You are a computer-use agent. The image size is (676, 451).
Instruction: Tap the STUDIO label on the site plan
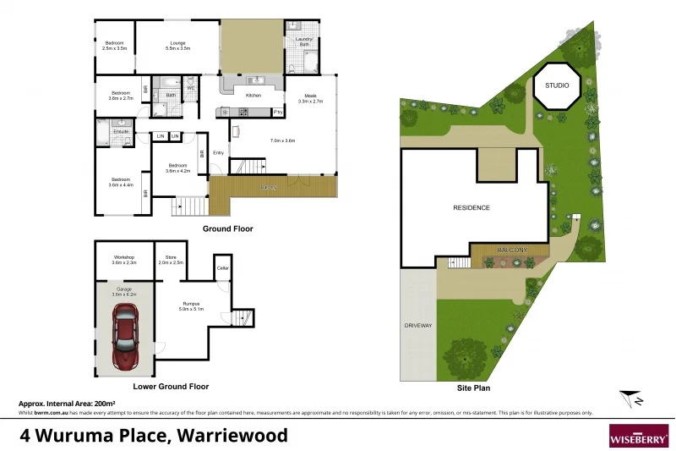point(557,85)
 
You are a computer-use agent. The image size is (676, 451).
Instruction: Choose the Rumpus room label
point(189,305)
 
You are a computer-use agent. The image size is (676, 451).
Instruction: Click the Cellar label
point(223,268)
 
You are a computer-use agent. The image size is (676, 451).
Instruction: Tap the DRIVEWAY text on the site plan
point(418,325)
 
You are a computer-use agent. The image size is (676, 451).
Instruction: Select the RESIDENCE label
point(471,207)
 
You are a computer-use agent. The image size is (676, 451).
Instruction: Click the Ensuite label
point(121,132)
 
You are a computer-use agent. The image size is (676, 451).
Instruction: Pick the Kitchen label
point(253,96)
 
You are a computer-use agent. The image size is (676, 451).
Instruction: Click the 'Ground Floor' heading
point(227,228)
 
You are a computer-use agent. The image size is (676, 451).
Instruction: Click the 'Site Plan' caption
point(473,388)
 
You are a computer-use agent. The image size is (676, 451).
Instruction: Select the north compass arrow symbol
point(630,397)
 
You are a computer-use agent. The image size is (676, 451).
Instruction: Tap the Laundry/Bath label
point(303,41)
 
